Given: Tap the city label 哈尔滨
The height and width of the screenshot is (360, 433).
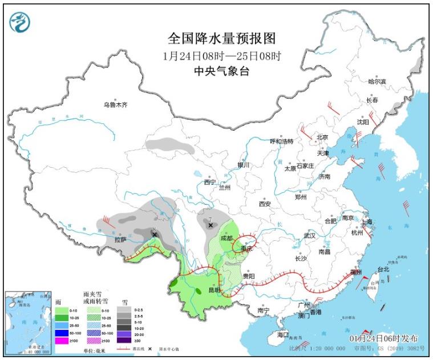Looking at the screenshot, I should click(377, 82).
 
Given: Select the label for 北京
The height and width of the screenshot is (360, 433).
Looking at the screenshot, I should click(323, 137).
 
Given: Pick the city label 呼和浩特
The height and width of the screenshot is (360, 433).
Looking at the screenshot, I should click(281, 141).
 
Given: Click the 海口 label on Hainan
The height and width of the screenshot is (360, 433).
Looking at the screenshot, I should click(283, 334).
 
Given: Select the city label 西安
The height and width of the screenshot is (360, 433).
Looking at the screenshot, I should click(265, 203).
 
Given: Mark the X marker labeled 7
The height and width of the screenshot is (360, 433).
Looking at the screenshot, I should click(211, 225).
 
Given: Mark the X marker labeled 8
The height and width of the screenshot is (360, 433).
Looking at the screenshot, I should click(154, 234).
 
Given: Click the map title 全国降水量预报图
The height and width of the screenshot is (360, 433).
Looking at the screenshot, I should click(222, 38).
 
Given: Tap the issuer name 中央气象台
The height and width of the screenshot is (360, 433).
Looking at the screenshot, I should click(222, 71).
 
